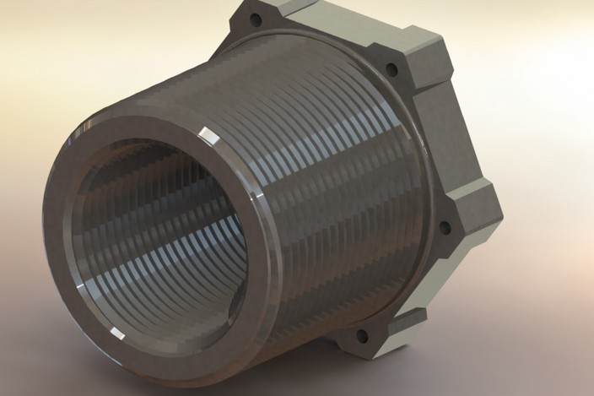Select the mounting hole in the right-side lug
coord(446,227)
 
